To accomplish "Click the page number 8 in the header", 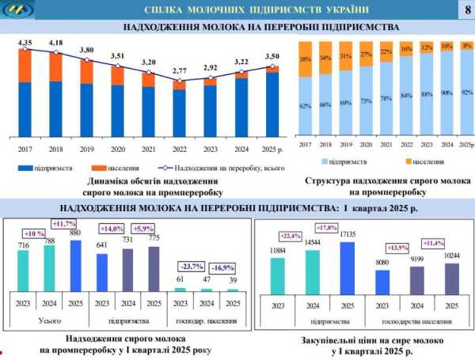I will coord(462,9).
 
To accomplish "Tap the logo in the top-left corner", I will coord(17,9).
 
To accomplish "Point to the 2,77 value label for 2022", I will coord(180,72).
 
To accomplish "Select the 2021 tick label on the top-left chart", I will coord(149,148).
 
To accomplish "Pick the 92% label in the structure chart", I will coord(466,93).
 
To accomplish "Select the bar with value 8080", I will coord(383,282).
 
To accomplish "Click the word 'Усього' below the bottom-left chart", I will coord(51,321).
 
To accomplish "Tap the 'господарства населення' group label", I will coord(416,321).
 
